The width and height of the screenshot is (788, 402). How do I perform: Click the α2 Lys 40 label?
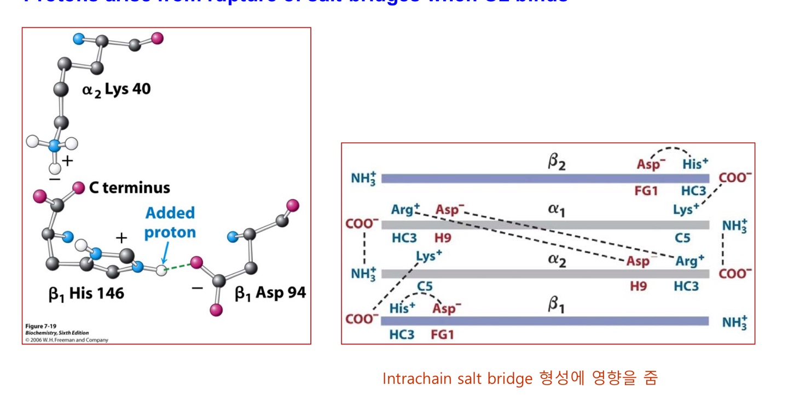click(x=117, y=89)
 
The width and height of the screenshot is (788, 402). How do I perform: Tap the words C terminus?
click(x=129, y=188)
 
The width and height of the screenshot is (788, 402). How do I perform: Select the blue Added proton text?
click(x=170, y=222)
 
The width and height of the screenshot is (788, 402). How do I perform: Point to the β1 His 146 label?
click(x=86, y=294)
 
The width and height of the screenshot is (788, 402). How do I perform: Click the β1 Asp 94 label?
click(x=270, y=294)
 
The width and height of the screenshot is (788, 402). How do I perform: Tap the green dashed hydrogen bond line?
click(x=178, y=267)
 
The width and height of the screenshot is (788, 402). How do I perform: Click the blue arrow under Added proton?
click(x=164, y=255)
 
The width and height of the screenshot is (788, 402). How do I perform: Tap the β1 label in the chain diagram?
click(x=556, y=306)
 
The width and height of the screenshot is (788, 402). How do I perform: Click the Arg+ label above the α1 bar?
click(x=405, y=209)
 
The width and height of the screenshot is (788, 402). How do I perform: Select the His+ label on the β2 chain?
click(x=695, y=164)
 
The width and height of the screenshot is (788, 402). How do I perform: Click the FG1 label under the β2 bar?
click(x=646, y=191)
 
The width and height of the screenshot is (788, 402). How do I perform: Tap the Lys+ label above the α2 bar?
click(x=429, y=256)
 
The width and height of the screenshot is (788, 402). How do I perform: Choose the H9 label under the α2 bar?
click(x=638, y=286)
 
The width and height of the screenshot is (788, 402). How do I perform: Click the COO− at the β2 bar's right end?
click(x=735, y=178)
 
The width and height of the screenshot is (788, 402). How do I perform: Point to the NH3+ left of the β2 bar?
click(x=364, y=179)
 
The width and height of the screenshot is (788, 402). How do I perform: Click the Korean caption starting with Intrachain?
click(x=519, y=378)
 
